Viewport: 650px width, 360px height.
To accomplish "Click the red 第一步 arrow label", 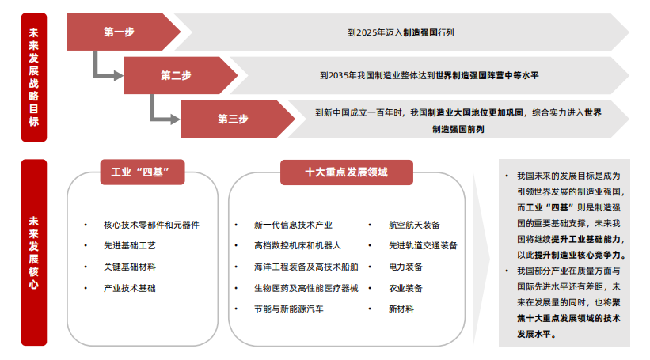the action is pyautogui.click(x=119, y=32).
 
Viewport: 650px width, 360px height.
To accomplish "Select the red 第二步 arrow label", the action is pyautogui.click(x=176, y=75).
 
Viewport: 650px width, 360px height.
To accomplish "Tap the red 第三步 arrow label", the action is pyautogui.click(x=233, y=119).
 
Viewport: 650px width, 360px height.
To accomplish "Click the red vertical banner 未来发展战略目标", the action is pyautogui.click(x=33, y=77).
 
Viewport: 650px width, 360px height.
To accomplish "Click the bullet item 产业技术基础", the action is pyautogui.click(x=130, y=288).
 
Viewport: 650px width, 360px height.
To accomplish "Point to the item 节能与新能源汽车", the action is pyautogui.click(x=288, y=309).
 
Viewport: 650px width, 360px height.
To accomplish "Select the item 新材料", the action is pyautogui.click(x=401, y=309).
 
